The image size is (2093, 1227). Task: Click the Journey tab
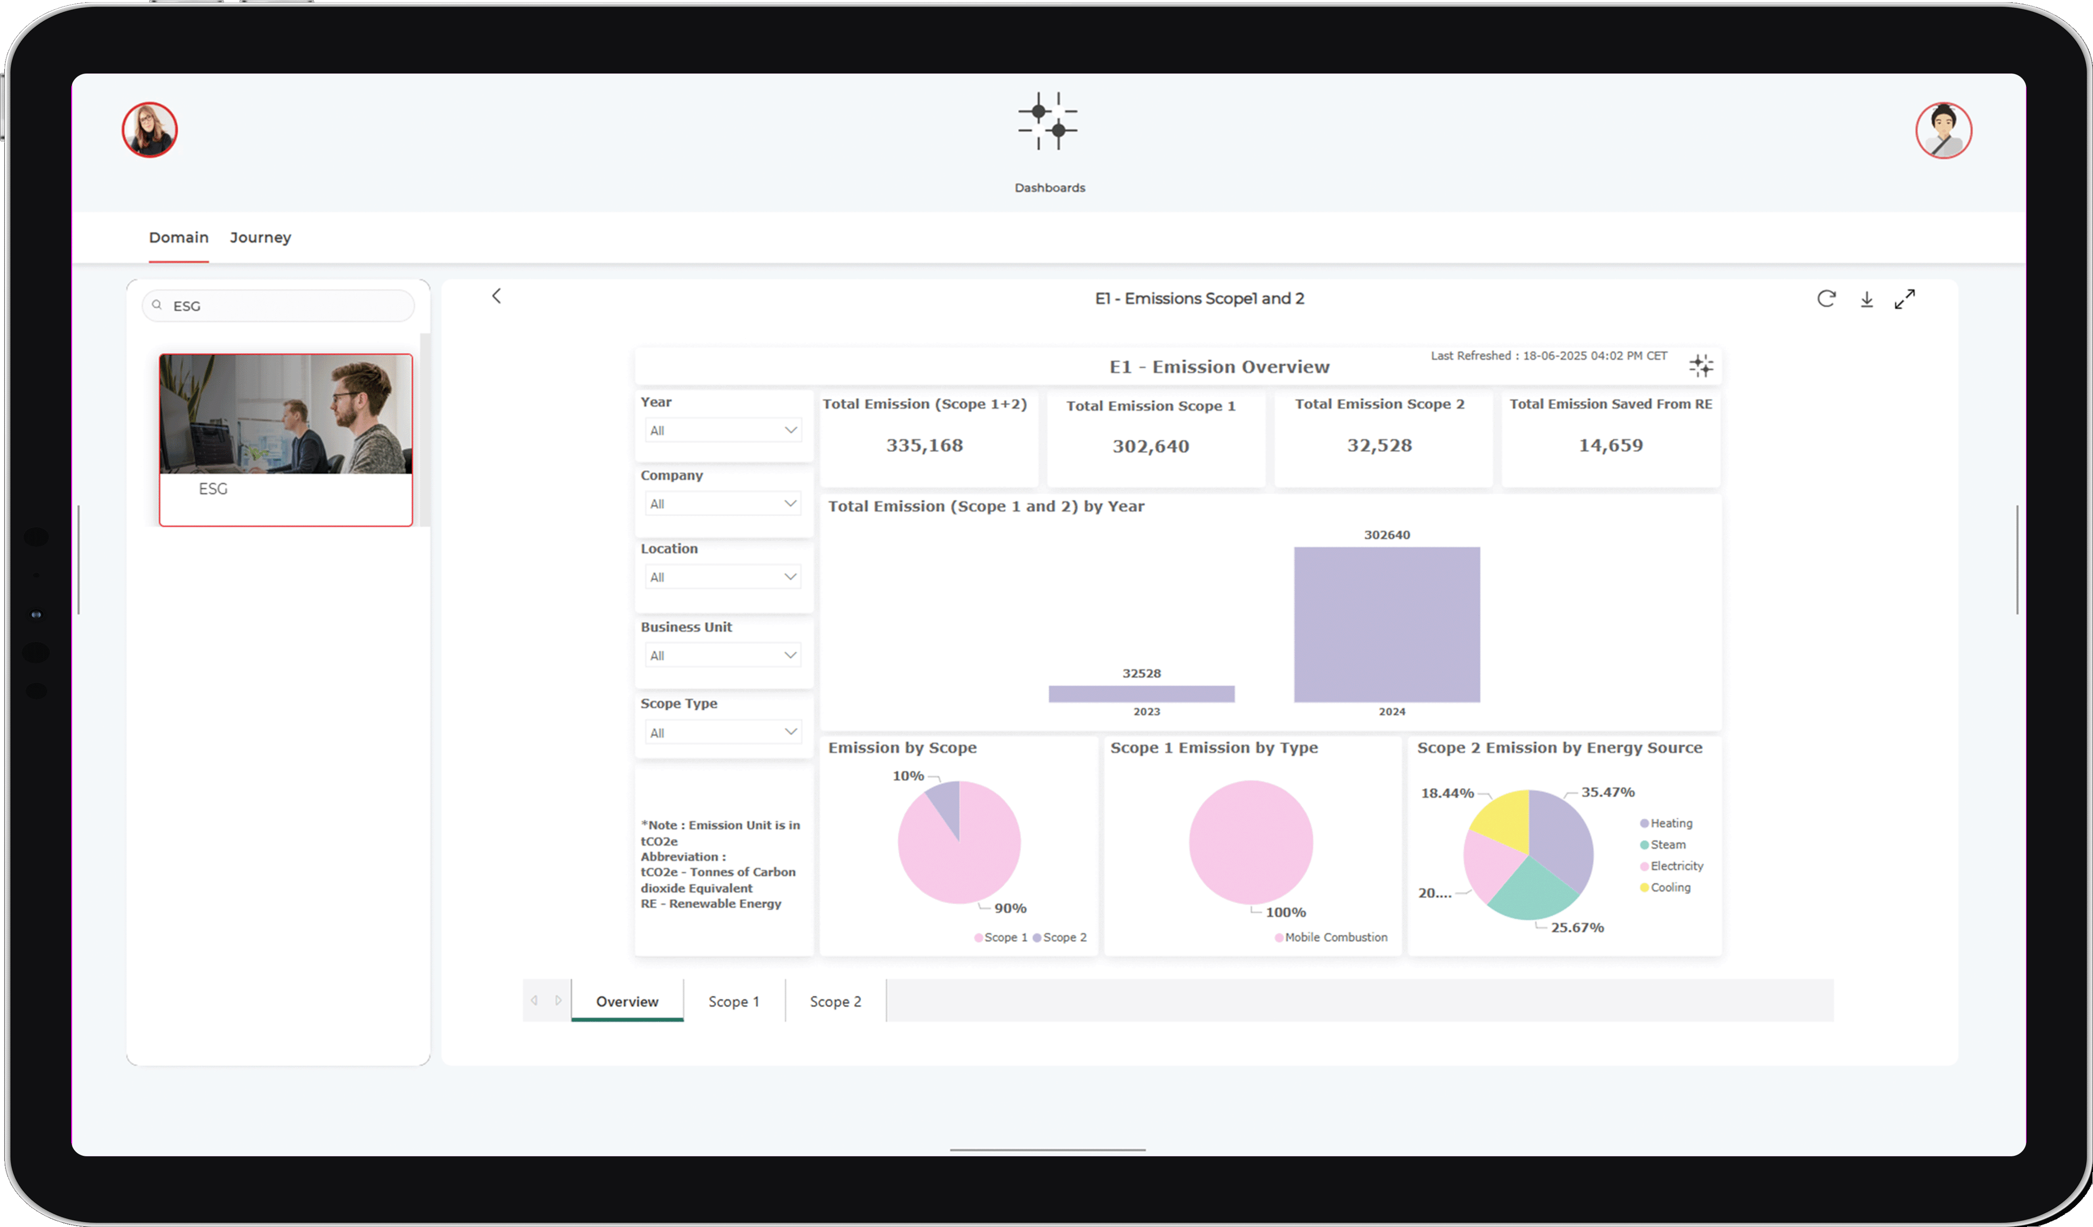[x=260, y=238]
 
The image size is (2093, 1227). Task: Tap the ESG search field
[x=283, y=306]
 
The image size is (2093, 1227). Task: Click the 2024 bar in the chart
[x=1386, y=624]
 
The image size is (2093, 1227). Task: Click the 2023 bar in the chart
[x=1141, y=694]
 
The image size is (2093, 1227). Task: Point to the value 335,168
[x=925, y=445]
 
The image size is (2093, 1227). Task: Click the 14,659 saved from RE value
[x=1611, y=445]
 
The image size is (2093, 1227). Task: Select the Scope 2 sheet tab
[x=835, y=1002]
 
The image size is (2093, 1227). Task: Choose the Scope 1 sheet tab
[x=734, y=1002]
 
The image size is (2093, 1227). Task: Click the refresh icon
[x=1826, y=299]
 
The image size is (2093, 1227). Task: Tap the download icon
[x=1866, y=299]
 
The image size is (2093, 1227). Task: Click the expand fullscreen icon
[x=1905, y=299]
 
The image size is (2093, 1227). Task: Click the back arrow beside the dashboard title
[x=497, y=297]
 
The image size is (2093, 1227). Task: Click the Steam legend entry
[x=1667, y=845]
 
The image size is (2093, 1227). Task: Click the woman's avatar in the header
[x=150, y=130]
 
